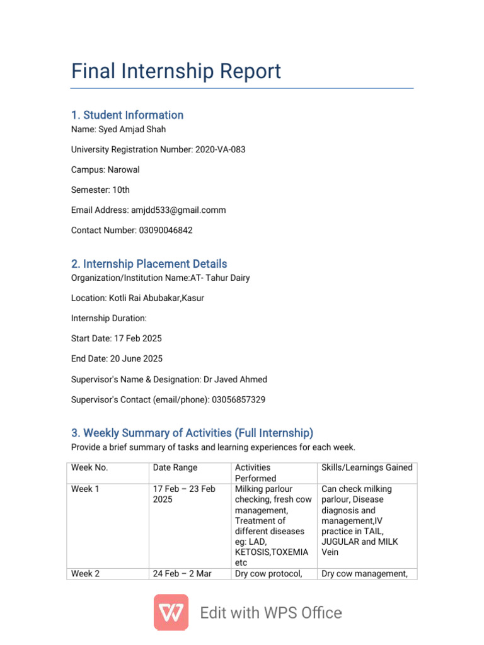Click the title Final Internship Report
click(176, 71)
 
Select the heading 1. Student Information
click(127, 115)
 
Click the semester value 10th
click(121, 190)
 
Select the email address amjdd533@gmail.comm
click(178, 210)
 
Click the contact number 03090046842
click(165, 231)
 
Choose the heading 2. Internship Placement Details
click(149, 264)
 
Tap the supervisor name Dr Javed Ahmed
click(235, 379)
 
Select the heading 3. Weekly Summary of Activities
click(192, 433)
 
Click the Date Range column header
click(175, 467)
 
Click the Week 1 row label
click(85, 489)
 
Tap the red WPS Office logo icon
click(171, 612)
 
